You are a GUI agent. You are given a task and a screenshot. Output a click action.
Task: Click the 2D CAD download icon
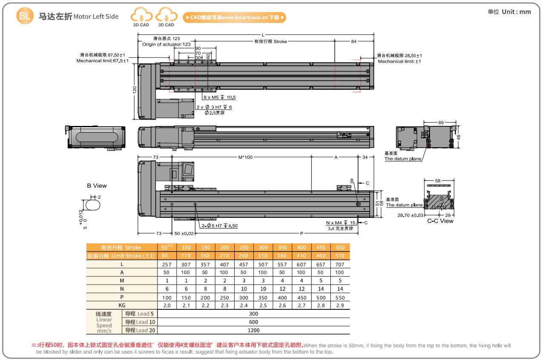tap(141, 17)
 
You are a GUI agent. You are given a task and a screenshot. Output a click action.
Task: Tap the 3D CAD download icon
tap(166, 17)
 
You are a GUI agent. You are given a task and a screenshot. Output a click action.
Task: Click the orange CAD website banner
tap(234, 17)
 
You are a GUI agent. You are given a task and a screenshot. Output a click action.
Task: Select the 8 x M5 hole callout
tap(219, 97)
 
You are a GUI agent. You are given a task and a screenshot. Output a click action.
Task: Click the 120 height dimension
tap(135, 90)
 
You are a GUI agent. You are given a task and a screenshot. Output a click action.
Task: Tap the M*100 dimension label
tap(245, 157)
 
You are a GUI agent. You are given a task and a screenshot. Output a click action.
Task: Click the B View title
tap(97, 186)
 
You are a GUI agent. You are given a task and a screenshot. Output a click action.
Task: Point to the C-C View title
tap(440, 221)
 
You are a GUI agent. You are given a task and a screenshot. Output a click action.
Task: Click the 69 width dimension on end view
tap(441, 123)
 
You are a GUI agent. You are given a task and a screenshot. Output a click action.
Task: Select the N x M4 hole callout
tap(341, 223)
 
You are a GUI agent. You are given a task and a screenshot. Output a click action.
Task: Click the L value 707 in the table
tap(340, 264)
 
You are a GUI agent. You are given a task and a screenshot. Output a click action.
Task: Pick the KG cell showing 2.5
tap(263, 306)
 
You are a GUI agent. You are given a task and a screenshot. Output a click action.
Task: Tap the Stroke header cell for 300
tap(263, 248)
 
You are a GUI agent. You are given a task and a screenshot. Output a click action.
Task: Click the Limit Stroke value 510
tap(340, 256)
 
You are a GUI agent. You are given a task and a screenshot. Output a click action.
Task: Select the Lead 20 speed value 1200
tap(254, 330)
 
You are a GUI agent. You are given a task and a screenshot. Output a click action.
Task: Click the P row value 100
tap(167, 297)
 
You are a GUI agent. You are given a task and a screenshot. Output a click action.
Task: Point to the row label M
tap(122, 281)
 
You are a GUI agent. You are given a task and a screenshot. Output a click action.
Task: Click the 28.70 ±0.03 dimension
tap(404, 215)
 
